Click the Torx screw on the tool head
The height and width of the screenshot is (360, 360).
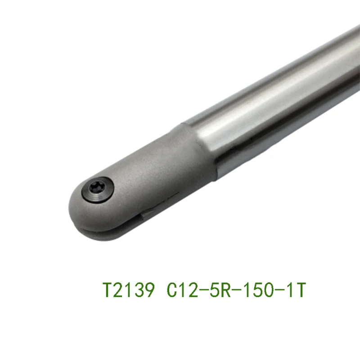(x=98, y=189)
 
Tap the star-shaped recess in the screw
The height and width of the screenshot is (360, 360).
(x=95, y=188)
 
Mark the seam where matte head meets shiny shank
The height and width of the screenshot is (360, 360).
(x=202, y=149)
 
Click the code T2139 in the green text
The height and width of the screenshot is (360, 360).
(x=128, y=290)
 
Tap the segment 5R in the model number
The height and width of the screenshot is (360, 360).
(x=221, y=290)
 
